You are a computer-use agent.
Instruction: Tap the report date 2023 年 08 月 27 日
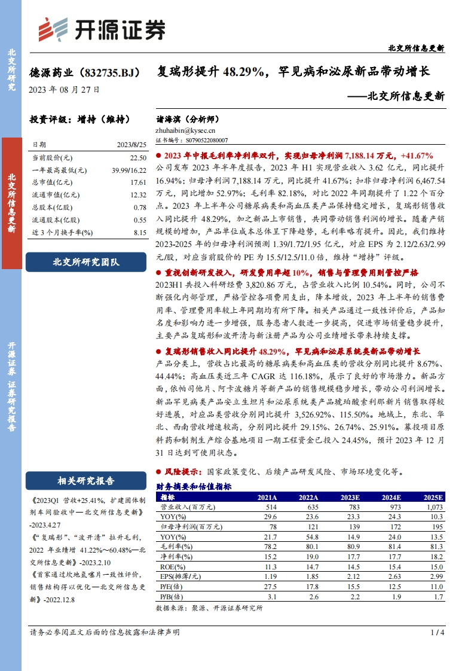point(64,90)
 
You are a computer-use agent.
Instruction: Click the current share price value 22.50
point(138,157)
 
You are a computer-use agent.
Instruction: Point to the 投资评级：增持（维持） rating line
point(79,120)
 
